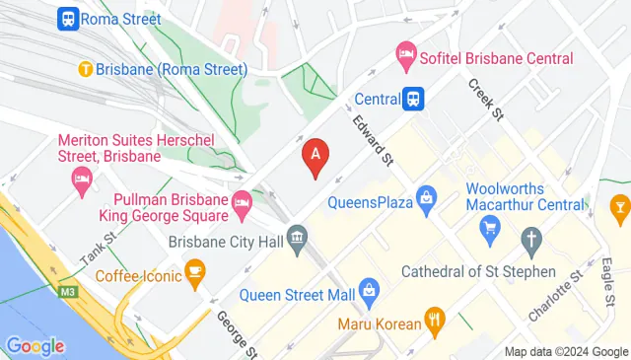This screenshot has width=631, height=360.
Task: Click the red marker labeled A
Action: (315, 156)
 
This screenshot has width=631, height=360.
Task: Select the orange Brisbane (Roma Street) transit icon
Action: (87, 69)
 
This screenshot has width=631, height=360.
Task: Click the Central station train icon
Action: (414, 98)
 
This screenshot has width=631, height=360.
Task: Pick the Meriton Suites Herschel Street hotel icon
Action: (81, 180)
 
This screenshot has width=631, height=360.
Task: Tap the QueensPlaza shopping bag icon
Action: (426, 197)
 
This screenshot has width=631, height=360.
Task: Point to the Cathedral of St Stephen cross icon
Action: (531, 240)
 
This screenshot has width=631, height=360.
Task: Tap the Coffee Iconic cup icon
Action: (195, 269)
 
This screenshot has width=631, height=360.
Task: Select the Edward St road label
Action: (374, 142)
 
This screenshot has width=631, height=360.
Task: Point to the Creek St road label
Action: (486, 101)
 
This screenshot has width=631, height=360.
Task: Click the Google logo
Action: (35, 345)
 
